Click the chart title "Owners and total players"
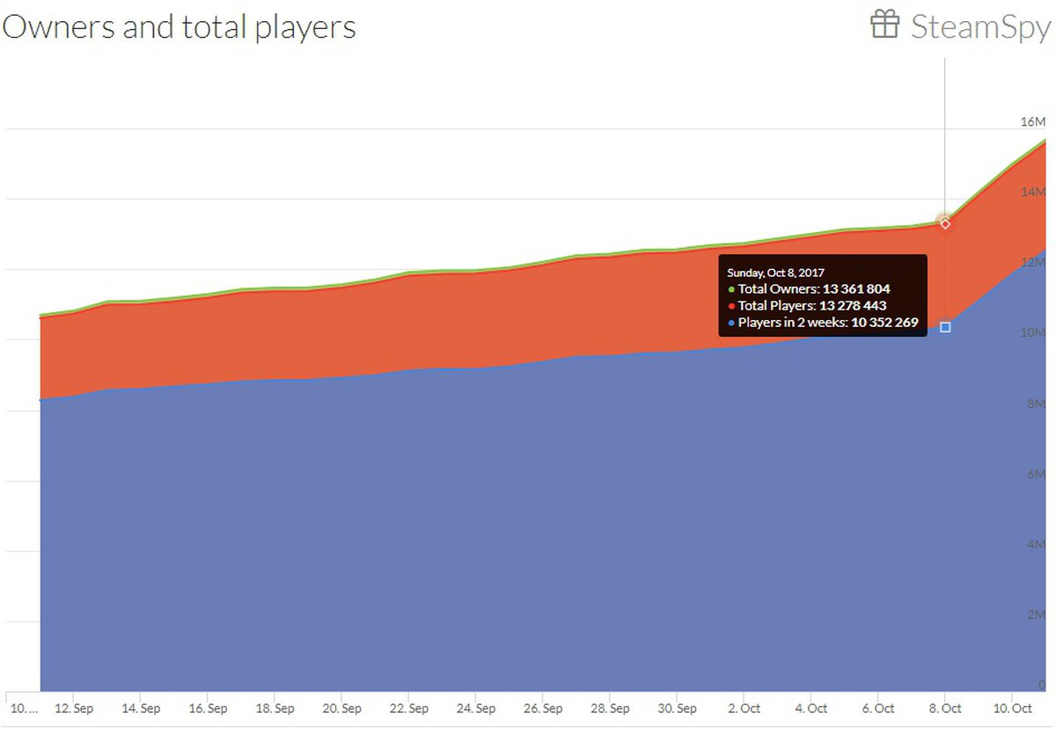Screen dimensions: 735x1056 [x=179, y=26]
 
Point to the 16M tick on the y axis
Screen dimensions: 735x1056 [x=1032, y=121]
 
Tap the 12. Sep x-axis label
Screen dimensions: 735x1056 [x=74, y=709]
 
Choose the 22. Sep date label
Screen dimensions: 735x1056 [x=409, y=709]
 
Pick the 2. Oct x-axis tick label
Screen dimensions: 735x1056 [x=744, y=709]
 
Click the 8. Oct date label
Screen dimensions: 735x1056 [x=945, y=709]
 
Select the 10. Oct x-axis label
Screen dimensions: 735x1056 [x=1012, y=709]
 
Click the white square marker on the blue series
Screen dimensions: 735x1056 [x=945, y=327]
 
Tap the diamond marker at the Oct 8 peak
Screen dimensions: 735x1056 [x=945, y=223]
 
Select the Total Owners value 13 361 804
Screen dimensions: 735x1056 [x=862, y=288]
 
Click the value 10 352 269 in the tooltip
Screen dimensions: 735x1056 [x=884, y=324]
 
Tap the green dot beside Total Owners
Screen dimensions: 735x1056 [x=731, y=288]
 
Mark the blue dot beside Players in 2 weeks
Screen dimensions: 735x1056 [x=731, y=324]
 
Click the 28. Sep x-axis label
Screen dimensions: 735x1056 [x=610, y=709]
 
